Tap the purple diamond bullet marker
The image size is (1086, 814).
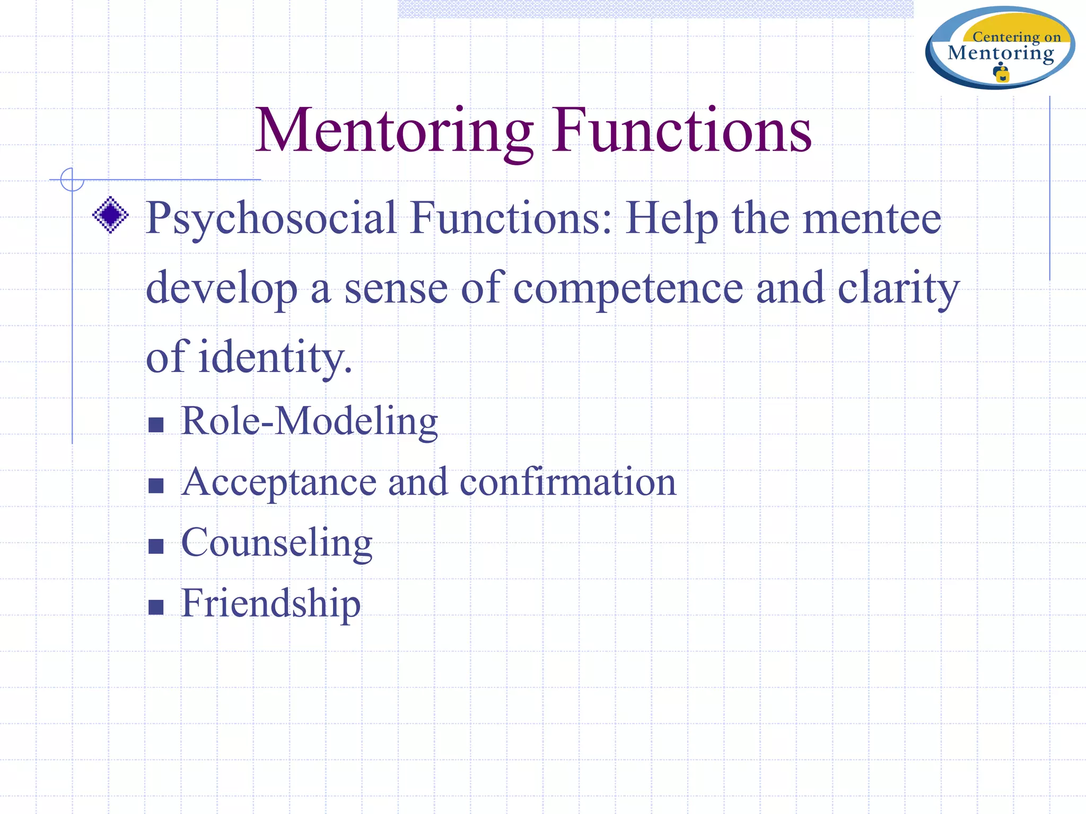pyautogui.click(x=110, y=215)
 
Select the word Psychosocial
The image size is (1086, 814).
pyautogui.click(x=271, y=218)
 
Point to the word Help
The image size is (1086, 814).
pyautogui.click(x=672, y=218)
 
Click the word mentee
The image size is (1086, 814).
pyautogui.click(x=872, y=218)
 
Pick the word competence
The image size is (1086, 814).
pyautogui.click(x=628, y=289)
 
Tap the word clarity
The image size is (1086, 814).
pyautogui.click(x=898, y=289)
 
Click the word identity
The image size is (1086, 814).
pyautogui.click(x=275, y=358)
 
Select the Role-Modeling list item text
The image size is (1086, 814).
pyautogui.click(x=309, y=421)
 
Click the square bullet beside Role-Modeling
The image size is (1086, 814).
pyautogui.click(x=156, y=425)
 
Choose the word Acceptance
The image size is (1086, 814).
pyautogui.click(x=278, y=483)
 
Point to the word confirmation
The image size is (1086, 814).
pyautogui.click(x=567, y=482)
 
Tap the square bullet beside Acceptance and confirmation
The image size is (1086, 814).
pyautogui.click(x=156, y=485)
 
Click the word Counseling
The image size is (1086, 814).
pyautogui.click(x=276, y=543)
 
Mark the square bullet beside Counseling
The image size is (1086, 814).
pyautogui.click(x=156, y=546)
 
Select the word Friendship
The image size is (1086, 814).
pyautogui.click(x=270, y=604)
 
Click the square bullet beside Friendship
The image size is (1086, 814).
pyautogui.click(x=156, y=607)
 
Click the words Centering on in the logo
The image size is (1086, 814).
pyautogui.click(x=1016, y=37)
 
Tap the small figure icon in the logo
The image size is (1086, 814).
pyautogui.click(x=1001, y=73)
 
